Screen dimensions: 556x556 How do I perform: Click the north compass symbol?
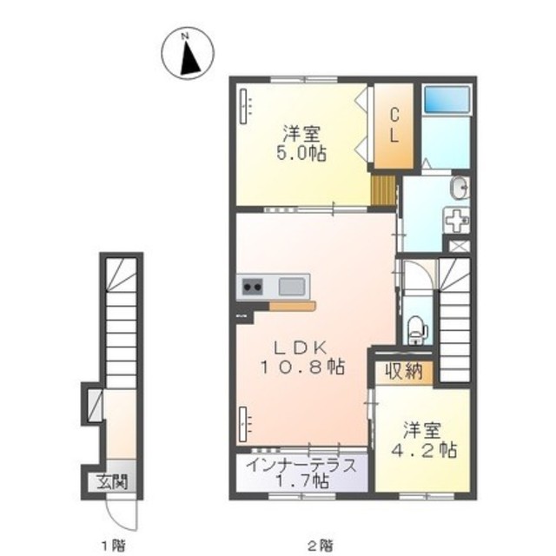coord(188,53)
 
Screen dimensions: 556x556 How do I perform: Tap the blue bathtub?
coord(447,99)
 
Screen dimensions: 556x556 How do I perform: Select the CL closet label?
coord(394,125)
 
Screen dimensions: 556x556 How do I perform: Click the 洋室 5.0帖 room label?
coord(301,143)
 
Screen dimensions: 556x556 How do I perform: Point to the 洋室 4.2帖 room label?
coord(424,440)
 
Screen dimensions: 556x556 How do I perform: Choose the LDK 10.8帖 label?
coord(302,357)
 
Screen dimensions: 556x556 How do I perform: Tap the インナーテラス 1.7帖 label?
coord(301,473)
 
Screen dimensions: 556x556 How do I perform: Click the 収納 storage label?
coord(404,371)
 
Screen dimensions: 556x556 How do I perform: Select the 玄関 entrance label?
coord(112,481)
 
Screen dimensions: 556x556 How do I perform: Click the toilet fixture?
coord(415,330)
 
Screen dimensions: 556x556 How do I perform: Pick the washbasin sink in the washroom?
coord(460,187)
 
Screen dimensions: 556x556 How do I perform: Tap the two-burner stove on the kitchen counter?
coord(253,287)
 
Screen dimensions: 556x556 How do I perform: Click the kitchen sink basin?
coord(292,287)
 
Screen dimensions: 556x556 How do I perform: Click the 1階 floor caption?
coord(113,545)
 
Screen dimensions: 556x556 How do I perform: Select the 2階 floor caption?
coord(321,545)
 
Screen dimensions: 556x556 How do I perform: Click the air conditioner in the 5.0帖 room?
coord(243,106)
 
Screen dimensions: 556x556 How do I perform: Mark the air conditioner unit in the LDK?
coord(243,424)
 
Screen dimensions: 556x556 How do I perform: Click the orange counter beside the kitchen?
coord(292,306)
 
